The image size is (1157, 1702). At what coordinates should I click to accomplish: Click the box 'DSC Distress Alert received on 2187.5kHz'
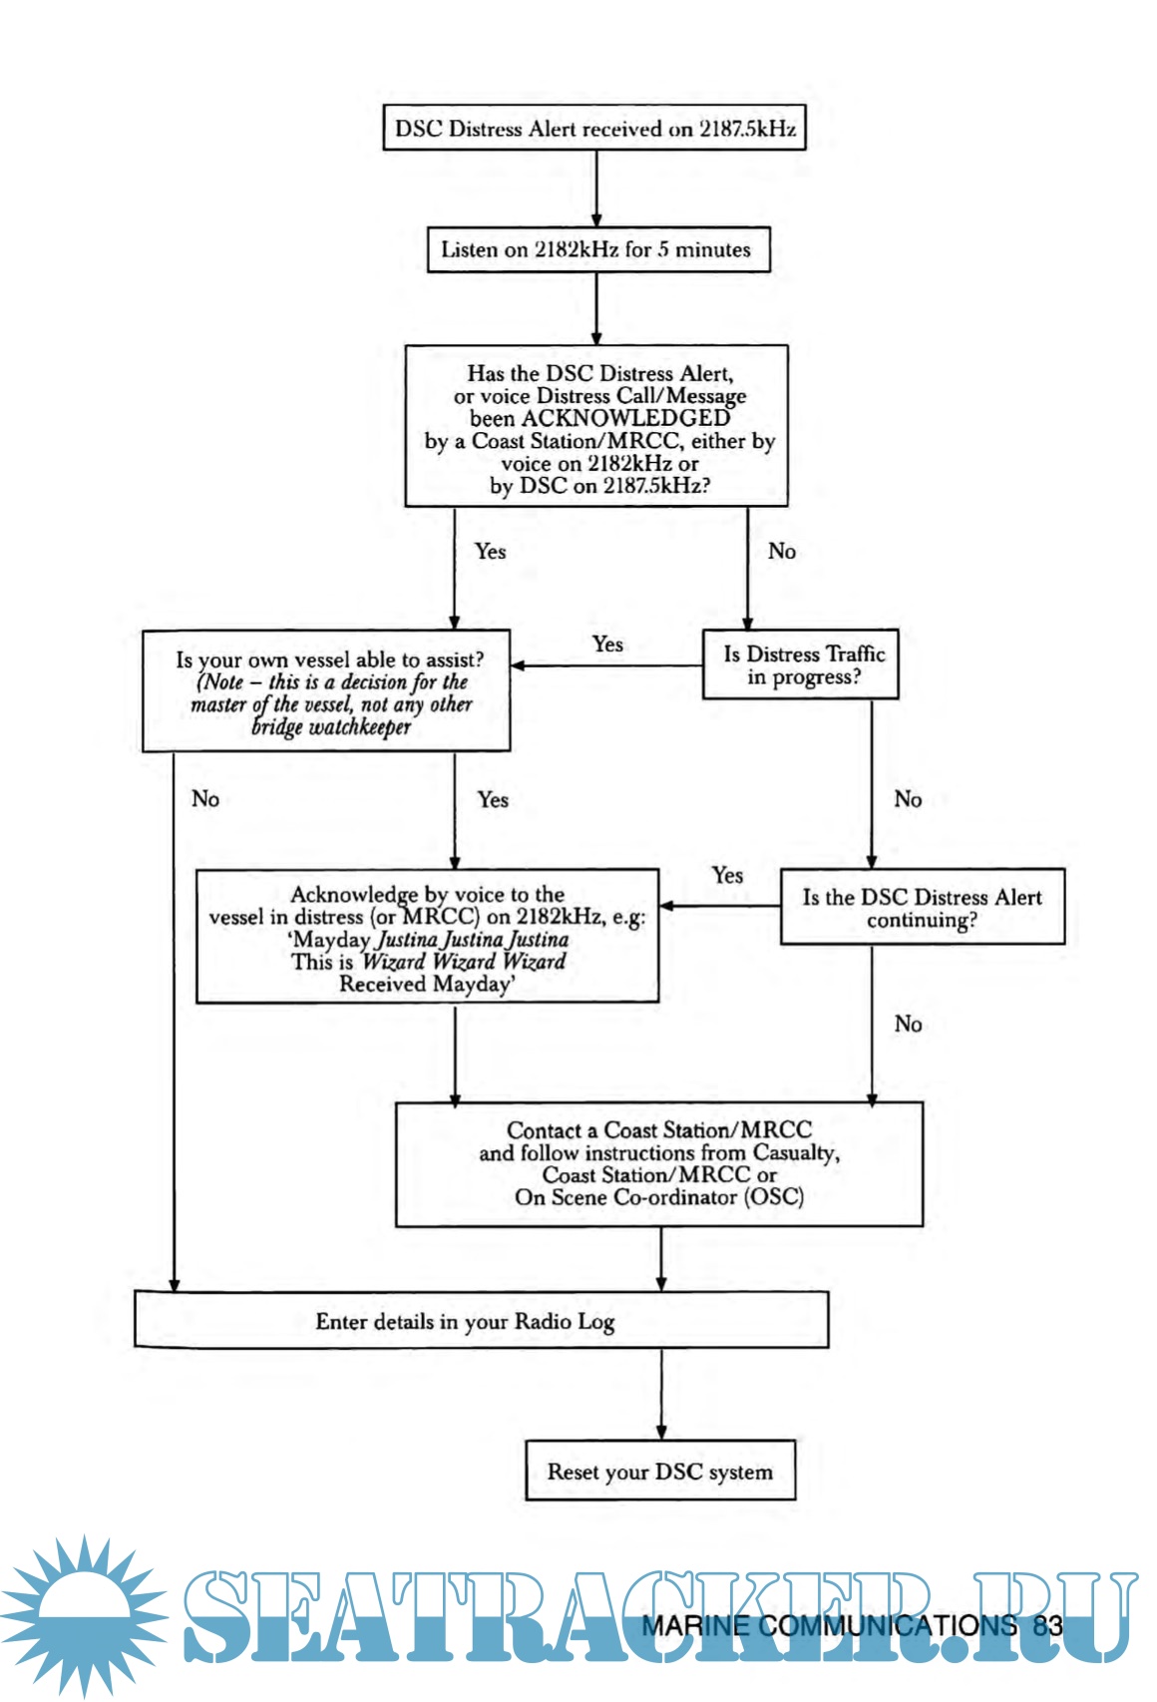594,129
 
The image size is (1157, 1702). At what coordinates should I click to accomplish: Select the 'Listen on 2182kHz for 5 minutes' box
596,249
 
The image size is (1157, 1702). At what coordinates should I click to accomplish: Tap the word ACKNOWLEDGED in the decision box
599,418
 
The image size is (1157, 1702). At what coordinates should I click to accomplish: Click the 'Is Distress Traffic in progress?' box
802,664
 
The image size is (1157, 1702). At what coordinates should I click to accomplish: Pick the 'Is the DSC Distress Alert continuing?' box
922,908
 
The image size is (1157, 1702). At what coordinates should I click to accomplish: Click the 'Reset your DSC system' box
660,1472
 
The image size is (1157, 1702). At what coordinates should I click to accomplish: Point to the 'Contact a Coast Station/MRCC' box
658,1163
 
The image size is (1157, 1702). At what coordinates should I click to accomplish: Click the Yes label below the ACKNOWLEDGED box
490,552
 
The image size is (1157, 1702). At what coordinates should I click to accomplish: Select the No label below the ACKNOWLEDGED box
782,552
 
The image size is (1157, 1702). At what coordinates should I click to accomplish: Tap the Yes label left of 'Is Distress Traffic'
607,644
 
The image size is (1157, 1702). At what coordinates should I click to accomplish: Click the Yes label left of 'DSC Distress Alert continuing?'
727,875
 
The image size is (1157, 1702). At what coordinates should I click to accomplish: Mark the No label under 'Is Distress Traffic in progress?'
908,799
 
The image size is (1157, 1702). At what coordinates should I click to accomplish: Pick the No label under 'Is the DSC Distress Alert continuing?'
908,1024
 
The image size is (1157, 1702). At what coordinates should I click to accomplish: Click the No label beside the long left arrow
205,799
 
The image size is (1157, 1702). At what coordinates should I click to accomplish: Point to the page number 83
1047,1625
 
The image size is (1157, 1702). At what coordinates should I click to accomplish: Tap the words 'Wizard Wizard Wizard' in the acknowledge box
464,962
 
